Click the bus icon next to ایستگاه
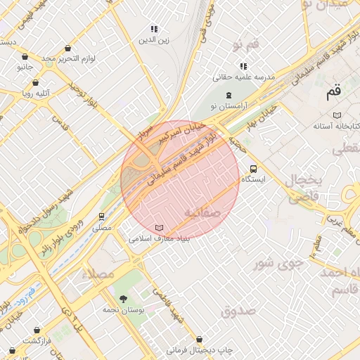pyautogui.click(x=253, y=169)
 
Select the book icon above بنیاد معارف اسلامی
pyautogui.click(x=160, y=229)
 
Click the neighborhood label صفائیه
pyautogui.click(x=202, y=211)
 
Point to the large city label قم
pyautogui.click(x=333, y=91)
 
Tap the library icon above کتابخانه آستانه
pyautogui.click(x=337, y=115)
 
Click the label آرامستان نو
pyautogui.click(x=229, y=105)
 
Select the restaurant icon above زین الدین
pyautogui.click(x=154, y=29)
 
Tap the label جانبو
pyautogui.click(x=25, y=67)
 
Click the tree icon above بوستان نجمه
pyautogui.click(x=124, y=299)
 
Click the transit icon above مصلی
pyautogui.click(x=102, y=217)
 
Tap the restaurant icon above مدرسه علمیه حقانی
pyautogui.click(x=243, y=65)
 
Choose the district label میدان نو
pyautogui.click(x=333, y=6)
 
